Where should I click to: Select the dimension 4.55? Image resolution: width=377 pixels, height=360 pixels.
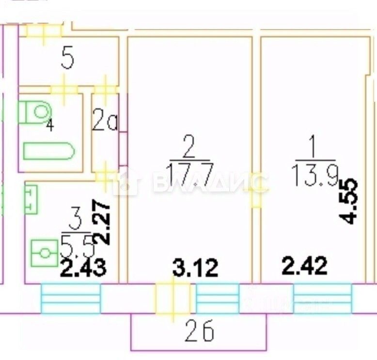coord(349,201)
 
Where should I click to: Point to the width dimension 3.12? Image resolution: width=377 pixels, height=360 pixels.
coord(196,267)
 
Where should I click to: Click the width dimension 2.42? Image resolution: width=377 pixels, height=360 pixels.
coord(305,266)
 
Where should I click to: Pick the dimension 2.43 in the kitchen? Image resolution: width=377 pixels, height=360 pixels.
coord(83,267)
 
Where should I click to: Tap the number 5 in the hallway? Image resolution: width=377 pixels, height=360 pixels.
coord(68,61)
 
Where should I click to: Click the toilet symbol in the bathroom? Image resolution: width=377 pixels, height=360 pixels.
coord(35,112)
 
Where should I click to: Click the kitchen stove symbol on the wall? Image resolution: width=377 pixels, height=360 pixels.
coord(30,199)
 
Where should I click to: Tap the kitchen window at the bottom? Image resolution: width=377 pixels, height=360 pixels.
coord(70,298)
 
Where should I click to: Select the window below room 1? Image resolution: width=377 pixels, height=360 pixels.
coord(322,298)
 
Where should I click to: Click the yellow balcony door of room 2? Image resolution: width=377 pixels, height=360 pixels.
coord(172,298)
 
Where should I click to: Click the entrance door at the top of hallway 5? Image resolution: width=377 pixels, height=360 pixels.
coord(44,30)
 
